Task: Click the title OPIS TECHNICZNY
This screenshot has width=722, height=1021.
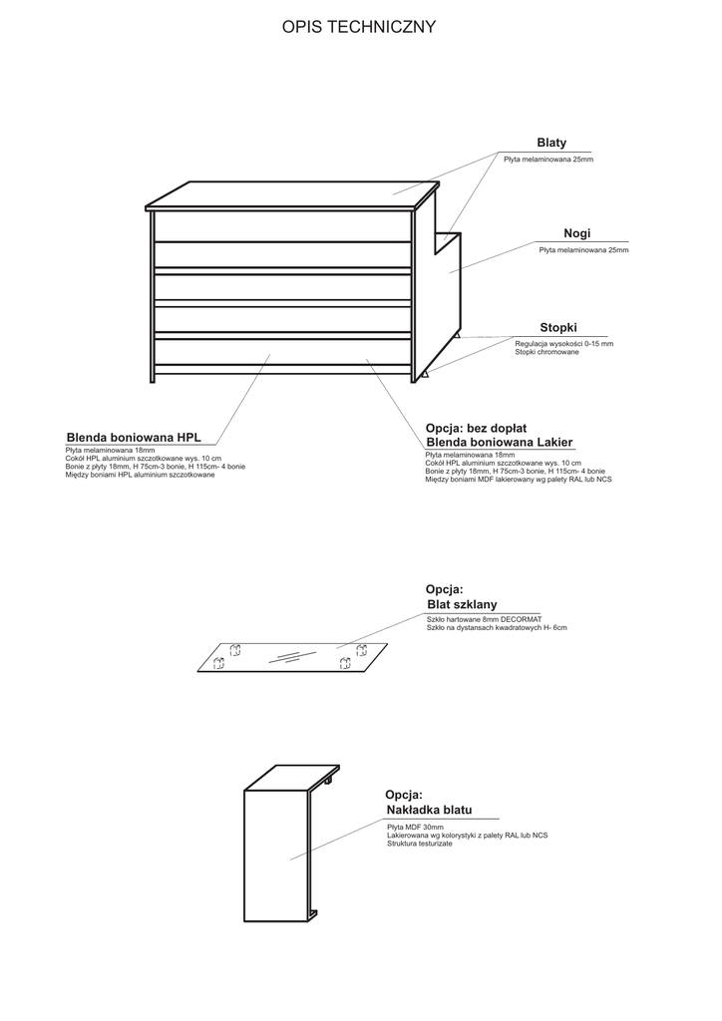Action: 359,27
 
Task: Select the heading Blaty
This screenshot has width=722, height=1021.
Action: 551,144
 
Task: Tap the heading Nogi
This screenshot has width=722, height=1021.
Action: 576,233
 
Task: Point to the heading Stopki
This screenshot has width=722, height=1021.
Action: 558,327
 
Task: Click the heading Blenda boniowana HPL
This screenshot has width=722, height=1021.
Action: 134,437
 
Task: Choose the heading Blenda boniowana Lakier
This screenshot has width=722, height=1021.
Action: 499,443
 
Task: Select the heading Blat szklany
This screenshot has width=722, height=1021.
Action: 461,604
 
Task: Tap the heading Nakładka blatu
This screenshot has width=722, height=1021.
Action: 429,811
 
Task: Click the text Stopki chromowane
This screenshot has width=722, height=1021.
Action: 546,352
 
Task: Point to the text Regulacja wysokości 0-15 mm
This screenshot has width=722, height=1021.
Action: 563,343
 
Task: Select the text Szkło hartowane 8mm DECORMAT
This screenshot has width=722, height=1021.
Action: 483,619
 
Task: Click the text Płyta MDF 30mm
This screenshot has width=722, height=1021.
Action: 415,827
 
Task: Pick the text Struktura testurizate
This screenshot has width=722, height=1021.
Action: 419,844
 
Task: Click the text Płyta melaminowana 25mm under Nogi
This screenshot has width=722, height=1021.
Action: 583,250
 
